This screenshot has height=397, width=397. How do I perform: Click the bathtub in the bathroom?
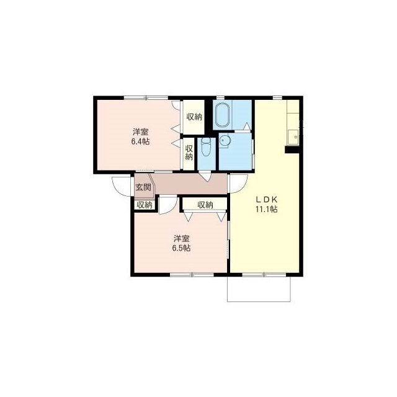click(222, 115)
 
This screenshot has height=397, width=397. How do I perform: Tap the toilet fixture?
click(205, 147)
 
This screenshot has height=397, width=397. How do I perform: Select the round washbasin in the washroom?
click(224, 141)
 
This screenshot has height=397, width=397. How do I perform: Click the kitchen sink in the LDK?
click(293, 138)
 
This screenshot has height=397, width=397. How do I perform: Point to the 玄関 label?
click(143, 187)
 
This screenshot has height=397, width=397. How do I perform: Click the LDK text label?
click(267, 200)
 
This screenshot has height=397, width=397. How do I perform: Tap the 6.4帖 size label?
click(140, 141)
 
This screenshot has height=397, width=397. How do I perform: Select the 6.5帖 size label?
click(181, 248)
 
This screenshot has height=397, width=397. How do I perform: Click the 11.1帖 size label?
click(267, 210)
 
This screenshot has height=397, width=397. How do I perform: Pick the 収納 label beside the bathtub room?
click(194, 117)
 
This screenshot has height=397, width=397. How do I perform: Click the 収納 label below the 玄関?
click(145, 205)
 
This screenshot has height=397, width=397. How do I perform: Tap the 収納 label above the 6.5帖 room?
click(205, 205)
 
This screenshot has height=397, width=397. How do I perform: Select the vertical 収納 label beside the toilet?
click(189, 153)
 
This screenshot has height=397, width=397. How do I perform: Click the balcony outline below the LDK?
click(259, 301)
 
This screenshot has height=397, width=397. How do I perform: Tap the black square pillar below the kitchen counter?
click(292, 149)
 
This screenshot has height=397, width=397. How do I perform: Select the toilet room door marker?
click(205, 176)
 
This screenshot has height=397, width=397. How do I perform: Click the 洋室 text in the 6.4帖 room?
click(141, 132)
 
